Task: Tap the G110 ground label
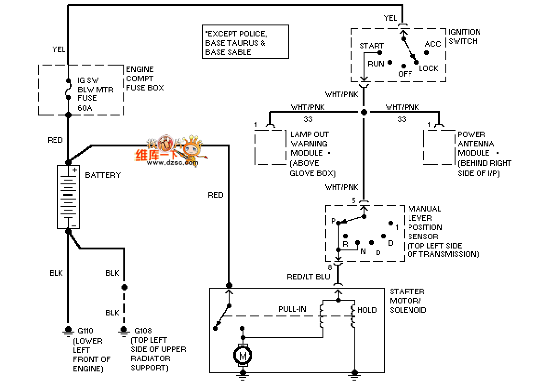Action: click(85, 331)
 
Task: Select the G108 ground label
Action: click(142, 331)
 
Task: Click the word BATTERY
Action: click(103, 175)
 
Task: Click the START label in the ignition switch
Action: click(371, 46)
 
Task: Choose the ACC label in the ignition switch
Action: click(433, 44)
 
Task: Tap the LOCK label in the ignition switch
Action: click(428, 68)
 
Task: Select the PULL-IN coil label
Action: click(292, 309)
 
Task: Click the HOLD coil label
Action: click(367, 310)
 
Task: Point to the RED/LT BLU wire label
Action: click(309, 276)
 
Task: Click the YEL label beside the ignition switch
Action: click(390, 18)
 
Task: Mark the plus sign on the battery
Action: click(74, 170)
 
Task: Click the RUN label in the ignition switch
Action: click(376, 64)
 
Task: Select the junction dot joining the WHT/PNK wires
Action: click(364, 112)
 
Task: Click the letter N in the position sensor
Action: click(363, 251)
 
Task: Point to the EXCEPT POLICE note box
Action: click(246, 42)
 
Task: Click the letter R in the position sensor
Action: click(345, 244)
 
